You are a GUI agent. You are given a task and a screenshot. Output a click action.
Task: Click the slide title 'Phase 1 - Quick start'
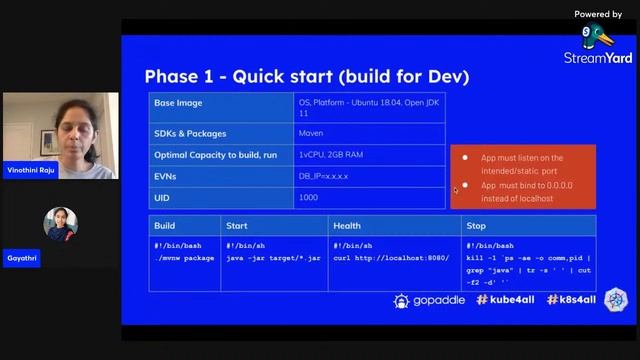click(306, 77)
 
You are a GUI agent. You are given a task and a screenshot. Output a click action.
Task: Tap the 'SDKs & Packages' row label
click(190, 133)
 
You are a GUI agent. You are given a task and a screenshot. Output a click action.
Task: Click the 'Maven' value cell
click(310, 133)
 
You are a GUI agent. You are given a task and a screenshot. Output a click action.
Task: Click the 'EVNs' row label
click(167, 176)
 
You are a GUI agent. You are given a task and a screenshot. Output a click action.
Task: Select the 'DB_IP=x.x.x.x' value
click(324, 176)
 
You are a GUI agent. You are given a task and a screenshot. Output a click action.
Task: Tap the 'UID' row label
click(162, 197)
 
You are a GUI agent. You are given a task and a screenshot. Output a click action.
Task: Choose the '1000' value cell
click(308, 197)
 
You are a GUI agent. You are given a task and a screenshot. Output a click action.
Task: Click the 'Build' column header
click(164, 225)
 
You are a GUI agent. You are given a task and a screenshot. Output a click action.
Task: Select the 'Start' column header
click(237, 225)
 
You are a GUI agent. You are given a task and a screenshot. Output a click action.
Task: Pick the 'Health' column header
click(347, 225)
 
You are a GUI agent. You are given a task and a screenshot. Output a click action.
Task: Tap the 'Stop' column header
click(476, 225)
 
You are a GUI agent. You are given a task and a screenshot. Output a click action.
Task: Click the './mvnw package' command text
click(185, 258)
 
